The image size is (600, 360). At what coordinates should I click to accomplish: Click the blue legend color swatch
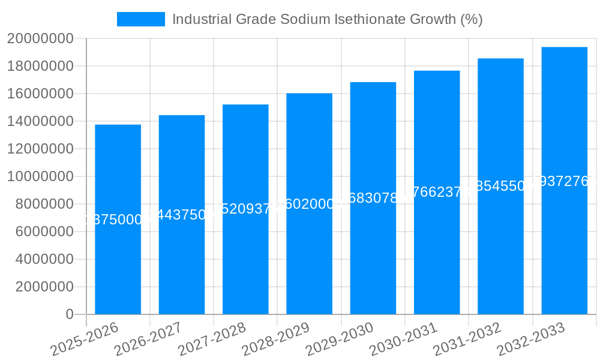[140, 19]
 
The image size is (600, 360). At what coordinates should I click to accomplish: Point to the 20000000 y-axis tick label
[40, 39]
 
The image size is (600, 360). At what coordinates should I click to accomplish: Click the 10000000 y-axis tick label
[40, 177]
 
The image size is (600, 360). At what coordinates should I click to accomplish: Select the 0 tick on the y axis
[69, 314]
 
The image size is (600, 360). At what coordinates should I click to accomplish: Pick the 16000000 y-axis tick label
[40, 94]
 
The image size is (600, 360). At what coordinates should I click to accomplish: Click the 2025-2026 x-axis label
[85, 338]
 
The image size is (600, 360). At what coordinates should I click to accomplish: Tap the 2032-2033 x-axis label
[532, 338]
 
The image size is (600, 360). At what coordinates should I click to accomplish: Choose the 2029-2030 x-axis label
[340, 338]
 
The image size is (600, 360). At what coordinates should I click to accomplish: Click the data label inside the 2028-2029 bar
[309, 204]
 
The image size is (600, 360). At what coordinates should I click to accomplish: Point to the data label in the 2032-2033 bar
[564, 181]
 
